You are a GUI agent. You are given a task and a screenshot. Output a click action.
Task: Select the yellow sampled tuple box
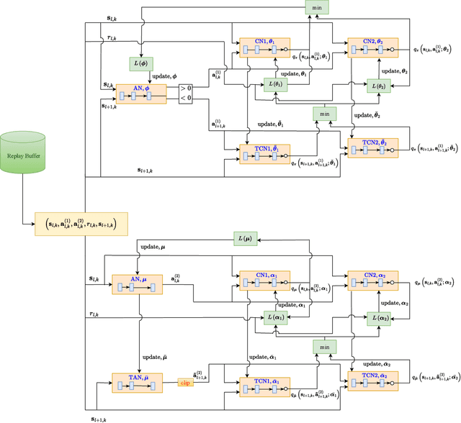click(x=81, y=224)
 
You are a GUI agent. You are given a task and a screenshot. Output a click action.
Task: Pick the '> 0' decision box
click(x=187, y=88)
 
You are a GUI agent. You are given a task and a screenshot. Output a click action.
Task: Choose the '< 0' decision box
click(x=187, y=99)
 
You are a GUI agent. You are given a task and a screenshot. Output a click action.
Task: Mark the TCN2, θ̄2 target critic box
click(x=372, y=147)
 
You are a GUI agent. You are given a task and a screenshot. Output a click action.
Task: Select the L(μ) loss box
click(x=245, y=238)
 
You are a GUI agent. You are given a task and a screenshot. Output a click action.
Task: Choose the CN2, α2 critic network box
click(x=372, y=281)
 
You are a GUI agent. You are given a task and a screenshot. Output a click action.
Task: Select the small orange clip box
click(x=186, y=383)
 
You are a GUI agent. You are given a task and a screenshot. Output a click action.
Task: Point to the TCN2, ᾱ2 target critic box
click(x=372, y=381)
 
